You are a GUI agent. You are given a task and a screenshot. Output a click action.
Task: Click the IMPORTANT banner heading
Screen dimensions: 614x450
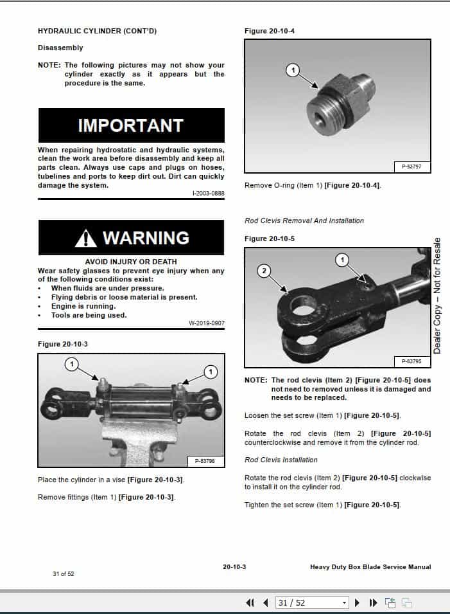click(131, 125)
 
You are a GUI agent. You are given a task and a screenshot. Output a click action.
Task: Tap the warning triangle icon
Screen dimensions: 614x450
click(85, 239)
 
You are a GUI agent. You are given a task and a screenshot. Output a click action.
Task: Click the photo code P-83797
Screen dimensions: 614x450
click(411, 167)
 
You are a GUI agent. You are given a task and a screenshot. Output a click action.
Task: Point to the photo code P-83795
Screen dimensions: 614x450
click(411, 361)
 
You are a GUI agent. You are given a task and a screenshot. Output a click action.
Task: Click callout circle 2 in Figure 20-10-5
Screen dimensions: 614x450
click(263, 271)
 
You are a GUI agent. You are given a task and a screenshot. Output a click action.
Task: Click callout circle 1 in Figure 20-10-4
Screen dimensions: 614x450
click(293, 70)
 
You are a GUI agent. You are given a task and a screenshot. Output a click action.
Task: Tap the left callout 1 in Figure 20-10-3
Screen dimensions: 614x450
click(72, 364)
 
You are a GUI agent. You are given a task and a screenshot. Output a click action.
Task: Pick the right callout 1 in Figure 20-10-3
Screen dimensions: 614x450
click(211, 371)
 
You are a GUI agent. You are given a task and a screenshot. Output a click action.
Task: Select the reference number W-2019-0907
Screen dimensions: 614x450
click(207, 323)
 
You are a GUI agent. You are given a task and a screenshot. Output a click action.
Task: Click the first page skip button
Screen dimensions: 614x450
click(250, 602)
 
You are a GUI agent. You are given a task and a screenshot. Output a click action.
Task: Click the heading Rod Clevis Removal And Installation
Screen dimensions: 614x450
click(304, 221)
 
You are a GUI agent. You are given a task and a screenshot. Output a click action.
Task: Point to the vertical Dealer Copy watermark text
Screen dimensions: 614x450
click(437, 296)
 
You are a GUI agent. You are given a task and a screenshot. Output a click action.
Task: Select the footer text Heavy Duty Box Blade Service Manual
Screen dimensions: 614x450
click(370, 567)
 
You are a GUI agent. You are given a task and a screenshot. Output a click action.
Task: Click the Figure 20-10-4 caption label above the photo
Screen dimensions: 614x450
click(270, 31)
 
